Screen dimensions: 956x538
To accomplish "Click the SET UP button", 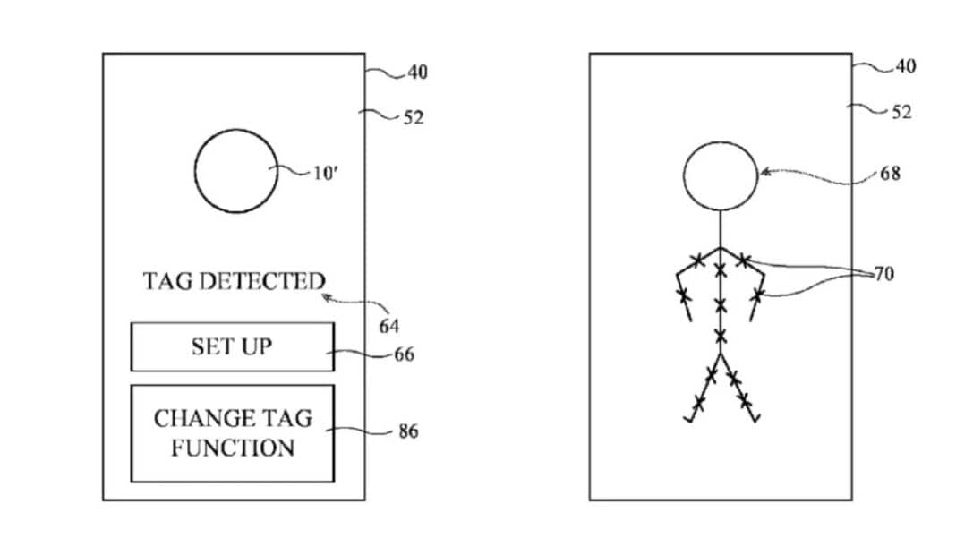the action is click(x=233, y=346).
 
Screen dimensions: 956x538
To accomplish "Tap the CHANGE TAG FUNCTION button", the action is click(x=233, y=433).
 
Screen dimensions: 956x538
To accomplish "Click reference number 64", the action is click(x=389, y=327).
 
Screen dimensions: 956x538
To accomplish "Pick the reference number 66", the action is click(x=405, y=354).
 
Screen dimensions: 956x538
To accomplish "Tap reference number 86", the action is click(x=408, y=431).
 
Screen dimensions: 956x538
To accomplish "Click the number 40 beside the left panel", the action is click(x=418, y=73).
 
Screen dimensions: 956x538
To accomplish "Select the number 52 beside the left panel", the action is click(x=414, y=117).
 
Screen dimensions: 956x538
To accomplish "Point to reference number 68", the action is click(x=890, y=174).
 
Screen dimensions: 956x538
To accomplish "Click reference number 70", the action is click(x=884, y=274).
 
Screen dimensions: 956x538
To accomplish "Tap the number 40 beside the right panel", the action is click(x=905, y=66).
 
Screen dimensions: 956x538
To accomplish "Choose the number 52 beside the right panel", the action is click(x=901, y=112).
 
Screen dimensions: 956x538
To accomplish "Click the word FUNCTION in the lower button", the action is click(x=233, y=448).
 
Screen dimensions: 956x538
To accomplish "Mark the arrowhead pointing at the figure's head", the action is click(x=765, y=173).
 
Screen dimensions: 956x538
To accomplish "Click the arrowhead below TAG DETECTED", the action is click(x=328, y=298).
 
